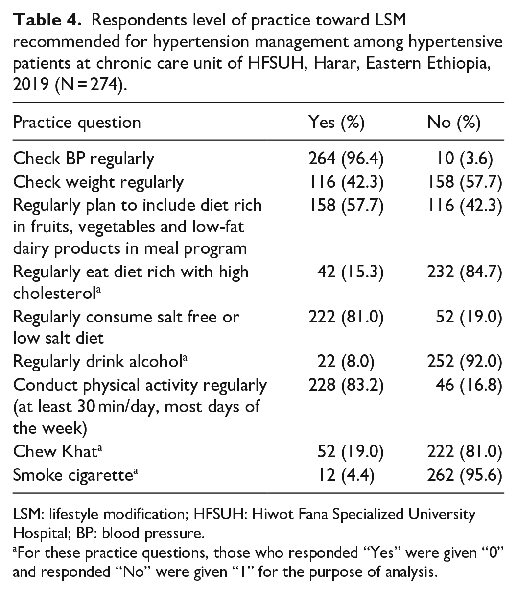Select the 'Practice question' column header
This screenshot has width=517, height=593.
pos(77,122)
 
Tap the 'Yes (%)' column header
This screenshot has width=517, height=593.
pos(336,122)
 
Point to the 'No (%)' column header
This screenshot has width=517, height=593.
pos(453,122)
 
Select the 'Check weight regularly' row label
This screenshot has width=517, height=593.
pos(98,182)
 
